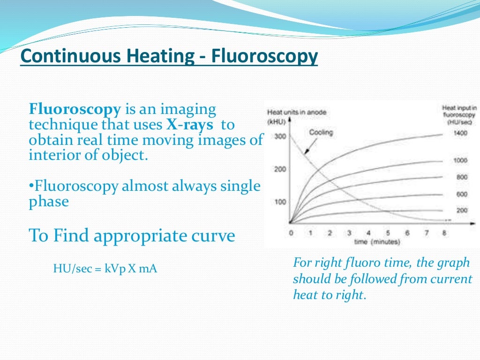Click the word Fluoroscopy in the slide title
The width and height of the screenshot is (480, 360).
(x=264, y=57)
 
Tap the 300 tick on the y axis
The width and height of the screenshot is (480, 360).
(x=280, y=137)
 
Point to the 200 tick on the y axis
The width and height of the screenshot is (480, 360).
(x=280, y=169)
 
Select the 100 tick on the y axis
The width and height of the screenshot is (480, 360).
(x=280, y=202)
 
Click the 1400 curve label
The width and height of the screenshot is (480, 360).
(x=461, y=133)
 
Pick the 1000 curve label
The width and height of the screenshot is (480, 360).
(x=461, y=160)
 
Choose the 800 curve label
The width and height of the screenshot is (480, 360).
(x=462, y=177)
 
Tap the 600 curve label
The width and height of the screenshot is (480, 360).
(x=462, y=195)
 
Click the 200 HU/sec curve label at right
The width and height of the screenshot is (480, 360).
(x=462, y=211)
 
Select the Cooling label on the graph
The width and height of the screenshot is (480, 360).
(x=321, y=133)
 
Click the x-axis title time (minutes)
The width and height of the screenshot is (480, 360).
(x=377, y=242)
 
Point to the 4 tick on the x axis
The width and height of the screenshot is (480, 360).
(x=368, y=233)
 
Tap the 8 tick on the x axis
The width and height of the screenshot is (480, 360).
(x=444, y=233)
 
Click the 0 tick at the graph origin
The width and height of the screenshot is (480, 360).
(x=291, y=233)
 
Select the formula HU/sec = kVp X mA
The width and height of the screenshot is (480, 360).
(x=105, y=269)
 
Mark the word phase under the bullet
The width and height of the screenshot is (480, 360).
(x=49, y=202)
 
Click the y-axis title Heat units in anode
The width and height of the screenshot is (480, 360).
(x=296, y=112)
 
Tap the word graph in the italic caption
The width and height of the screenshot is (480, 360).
(x=454, y=262)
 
